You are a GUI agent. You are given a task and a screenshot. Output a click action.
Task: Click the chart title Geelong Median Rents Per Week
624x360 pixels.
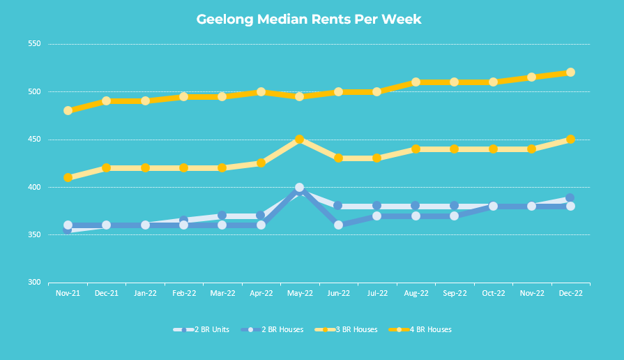(309, 19)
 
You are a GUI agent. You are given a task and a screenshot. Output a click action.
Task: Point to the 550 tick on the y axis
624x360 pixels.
(34, 44)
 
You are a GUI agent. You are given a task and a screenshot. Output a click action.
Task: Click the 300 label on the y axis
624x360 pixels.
(34, 283)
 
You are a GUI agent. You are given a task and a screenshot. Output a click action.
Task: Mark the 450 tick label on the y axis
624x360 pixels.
(34, 140)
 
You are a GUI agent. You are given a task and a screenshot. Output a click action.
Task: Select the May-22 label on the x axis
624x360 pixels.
(300, 294)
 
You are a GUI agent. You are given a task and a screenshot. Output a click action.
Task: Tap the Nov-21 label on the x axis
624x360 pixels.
(68, 294)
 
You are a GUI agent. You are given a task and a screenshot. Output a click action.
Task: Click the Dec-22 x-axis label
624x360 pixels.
(570, 294)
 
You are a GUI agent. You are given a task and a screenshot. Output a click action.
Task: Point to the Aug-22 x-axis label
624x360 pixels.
(416, 294)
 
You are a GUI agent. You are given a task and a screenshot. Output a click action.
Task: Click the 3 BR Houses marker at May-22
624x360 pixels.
(300, 140)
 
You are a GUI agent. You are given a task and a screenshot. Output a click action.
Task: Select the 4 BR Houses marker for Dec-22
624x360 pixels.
(570, 73)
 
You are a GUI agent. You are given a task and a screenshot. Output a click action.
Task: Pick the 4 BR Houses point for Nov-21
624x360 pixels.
(68, 111)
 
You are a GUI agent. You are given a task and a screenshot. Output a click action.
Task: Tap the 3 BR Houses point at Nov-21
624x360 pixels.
(68, 178)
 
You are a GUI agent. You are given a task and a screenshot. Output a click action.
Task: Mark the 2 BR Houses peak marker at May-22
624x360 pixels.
(300, 188)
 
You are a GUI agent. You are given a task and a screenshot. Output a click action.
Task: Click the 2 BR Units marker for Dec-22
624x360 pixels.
(570, 198)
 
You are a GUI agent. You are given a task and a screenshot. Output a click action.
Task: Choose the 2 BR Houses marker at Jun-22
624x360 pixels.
(339, 225)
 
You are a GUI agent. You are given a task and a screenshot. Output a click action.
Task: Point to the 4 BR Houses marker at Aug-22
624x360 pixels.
(416, 82)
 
